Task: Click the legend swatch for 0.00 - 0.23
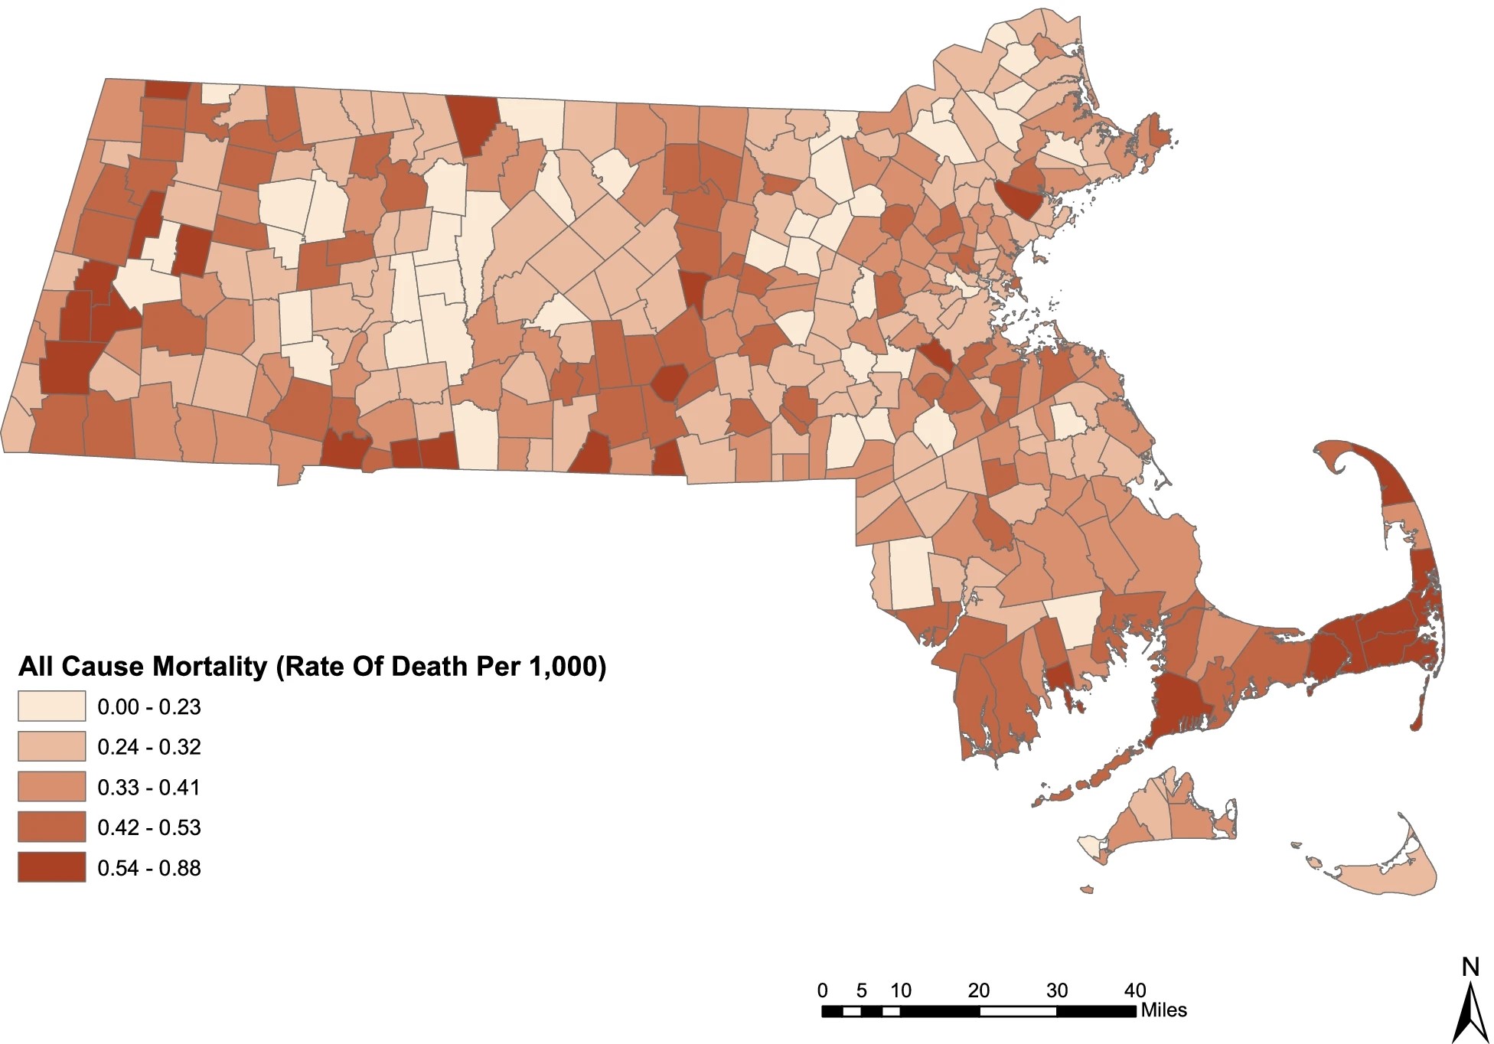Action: point(51,706)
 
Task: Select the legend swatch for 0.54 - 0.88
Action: point(51,867)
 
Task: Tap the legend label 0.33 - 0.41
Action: point(148,787)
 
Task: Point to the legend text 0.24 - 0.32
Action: point(148,746)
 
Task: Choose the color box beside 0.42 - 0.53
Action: point(51,827)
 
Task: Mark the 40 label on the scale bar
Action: point(1135,990)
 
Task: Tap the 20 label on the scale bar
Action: point(979,990)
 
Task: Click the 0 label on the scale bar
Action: point(823,990)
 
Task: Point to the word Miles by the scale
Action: point(1163,1010)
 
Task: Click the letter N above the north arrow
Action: point(1470,967)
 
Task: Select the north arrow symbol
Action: point(1470,1010)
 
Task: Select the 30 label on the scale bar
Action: point(1057,990)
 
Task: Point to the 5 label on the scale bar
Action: point(862,990)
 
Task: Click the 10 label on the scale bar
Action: point(901,990)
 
